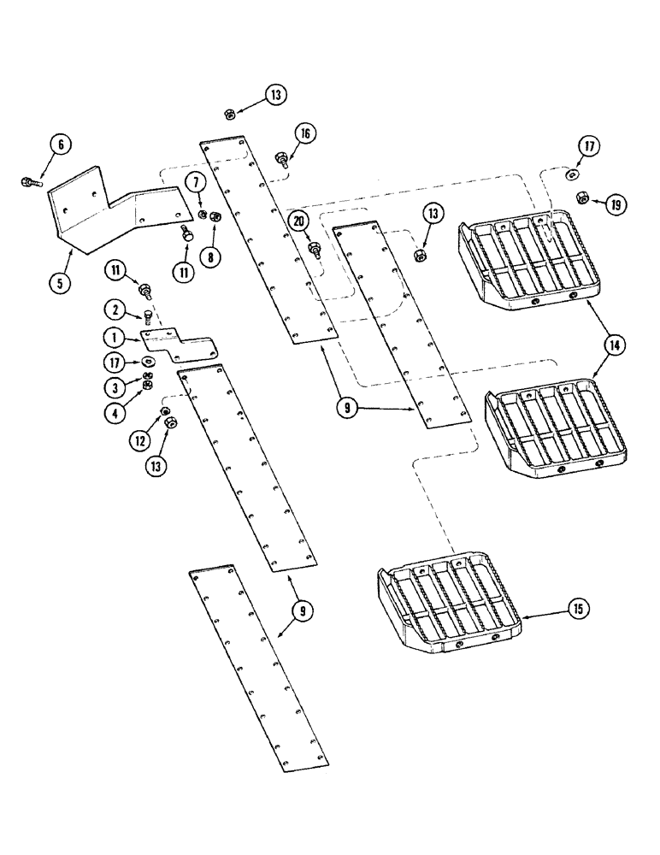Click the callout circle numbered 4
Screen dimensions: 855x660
click(x=112, y=410)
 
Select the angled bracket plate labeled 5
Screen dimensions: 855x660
click(x=111, y=210)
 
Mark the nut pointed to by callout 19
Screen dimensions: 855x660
click(x=581, y=197)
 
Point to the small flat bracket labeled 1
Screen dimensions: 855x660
click(x=180, y=342)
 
